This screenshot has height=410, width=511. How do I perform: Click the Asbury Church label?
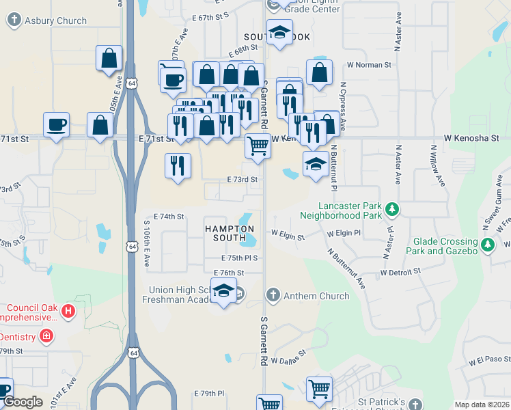[x=55, y=21]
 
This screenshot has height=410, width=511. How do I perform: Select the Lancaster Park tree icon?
[x=391, y=208]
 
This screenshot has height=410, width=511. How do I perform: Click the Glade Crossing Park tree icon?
[x=487, y=245]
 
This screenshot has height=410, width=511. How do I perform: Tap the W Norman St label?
[x=368, y=65]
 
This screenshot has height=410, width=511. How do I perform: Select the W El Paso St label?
[x=489, y=359]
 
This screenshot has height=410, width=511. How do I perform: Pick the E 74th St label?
[x=169, y=217]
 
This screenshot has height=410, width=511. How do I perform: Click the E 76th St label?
[x=228, y=272]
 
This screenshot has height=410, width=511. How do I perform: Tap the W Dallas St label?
[x=288, y=360]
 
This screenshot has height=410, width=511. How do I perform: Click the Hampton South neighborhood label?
[x=230, y=233]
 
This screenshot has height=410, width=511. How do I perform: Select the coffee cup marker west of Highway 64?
[x=56, y=125]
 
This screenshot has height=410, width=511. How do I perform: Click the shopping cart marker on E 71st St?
[x=258, y=146]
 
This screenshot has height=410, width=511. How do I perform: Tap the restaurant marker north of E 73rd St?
[x=178, y=165]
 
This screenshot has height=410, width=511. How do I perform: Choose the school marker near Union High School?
[x=223, y=291]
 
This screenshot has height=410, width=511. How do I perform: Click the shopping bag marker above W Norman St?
[x=319, y=72]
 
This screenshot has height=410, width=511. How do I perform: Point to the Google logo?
[x=23, y=402]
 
